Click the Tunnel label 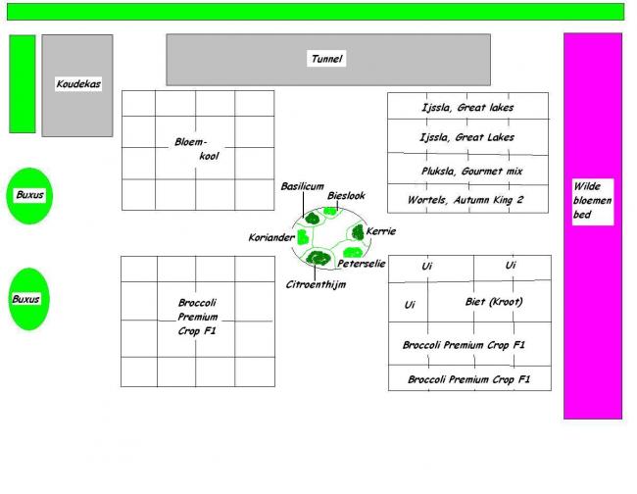pyautogui.click(x=326, y=59)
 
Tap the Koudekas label pyautogui.click(x=77, y=84)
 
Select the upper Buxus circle pyautogui.click(x=29, y=195)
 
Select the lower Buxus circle pyautogui.click(x=26, y=298)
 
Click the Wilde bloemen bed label pyautogui.click(x=592, y=200)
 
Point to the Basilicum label pyautogui.click(x=302, y=186)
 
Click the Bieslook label pyautogui.click(x=346, y=196)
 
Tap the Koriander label pyautogui.click(x=271, y=237)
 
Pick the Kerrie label pyautogui.click(x=380, y=231)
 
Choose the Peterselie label pyautogui.click(x=362, y=264)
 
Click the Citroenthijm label pyautogui.click(x=316, y=284)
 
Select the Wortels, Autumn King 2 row pyautogui.click(x=465, y=200)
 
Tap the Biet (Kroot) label pyautogui.click(x=493, y=302)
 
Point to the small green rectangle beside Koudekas pyautogui.click(x=23, y=83)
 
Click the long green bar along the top pyautogui.click(x=315, y=12)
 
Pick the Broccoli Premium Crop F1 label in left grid pyautogui.click(x=197, y=318)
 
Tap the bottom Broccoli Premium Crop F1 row pyautogui.click(x=468, y=379)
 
